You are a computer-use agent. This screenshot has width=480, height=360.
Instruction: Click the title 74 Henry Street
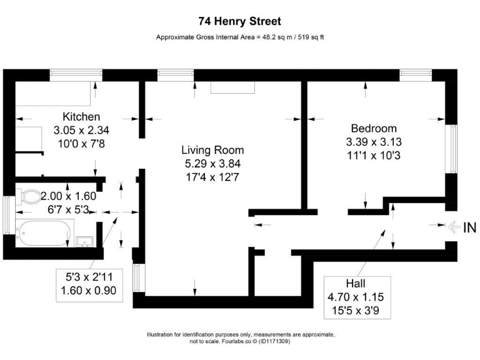coord(239,21)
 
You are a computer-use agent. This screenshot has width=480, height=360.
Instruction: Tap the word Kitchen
coord(81,117)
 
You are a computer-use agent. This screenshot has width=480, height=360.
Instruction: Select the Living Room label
coord(212,150)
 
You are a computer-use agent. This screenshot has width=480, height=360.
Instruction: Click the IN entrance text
coord(469,228)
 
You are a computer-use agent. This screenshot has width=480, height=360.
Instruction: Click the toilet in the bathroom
coord(29,197)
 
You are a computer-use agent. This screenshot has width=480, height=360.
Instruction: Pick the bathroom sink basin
coord(84,241)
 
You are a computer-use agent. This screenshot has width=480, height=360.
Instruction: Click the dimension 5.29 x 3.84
coord(212,164)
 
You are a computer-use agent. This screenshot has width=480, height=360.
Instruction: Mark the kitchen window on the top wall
coord(76,73)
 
